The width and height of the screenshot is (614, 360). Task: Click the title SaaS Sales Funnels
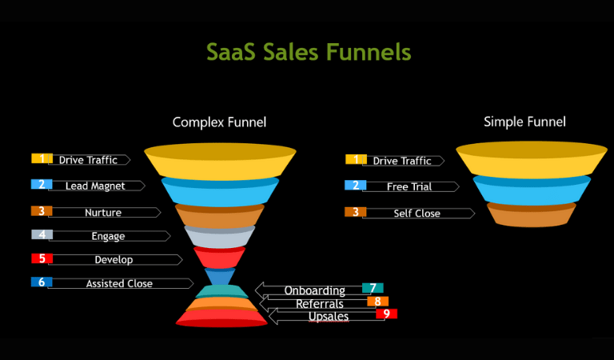pyautogui.click(x=309, y=52)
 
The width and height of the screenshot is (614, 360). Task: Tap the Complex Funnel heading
pyautogui.click(x=219, y=122)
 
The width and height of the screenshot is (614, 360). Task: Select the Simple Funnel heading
pyautogui.click(x=524, y=122)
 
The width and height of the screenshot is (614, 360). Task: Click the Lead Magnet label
pyautogui.click(x=95, y=186)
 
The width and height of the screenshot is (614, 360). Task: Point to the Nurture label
pyautogui.click(x=103, y=212)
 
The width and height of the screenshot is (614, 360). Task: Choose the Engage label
pyautogui.click(x=108, y=236)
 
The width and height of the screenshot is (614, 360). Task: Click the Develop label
pyautogui.click(x=114, y=260)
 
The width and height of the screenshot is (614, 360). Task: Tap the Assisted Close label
pyautogui.click(x=119, y=284)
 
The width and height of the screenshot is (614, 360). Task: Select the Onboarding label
pyautogui.click(x=315, y=290)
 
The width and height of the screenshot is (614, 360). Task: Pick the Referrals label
pyautogui.click(x=320, y=303)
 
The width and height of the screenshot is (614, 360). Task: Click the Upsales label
pyautogui.click(x=329, y=317)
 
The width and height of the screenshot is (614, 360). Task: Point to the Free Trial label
pyautogui.click(x=409, y=187)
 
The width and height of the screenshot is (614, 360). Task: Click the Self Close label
pyautogui.click(x=417, y=214)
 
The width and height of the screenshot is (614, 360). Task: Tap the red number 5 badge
pyautogui.click(x=42, y=258)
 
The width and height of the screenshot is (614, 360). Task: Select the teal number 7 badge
pyautogui.click(x=373, y=288)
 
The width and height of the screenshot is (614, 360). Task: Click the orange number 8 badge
pyautogui.click(x=378, y=302)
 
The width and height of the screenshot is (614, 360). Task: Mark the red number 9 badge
pyautogui.click(x=386, y=314)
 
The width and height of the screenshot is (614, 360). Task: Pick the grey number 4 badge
pyautogui.click(x=42, y=234)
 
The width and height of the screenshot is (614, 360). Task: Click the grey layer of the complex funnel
pyautogui.click(x=220, y=237)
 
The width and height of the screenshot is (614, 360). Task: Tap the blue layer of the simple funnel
pyautogui.click(x=532, y=190)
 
